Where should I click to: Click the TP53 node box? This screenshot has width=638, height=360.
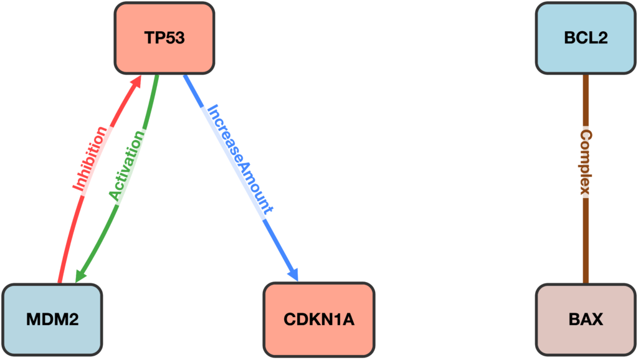pos(164,38)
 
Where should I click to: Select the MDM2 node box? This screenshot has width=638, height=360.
pos(52,320)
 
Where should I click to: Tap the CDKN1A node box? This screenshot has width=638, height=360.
pos(318,320)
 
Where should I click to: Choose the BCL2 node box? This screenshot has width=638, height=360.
pos(585,38)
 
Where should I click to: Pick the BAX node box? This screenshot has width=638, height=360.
pos(585,320)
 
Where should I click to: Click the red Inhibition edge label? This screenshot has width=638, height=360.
pos(88,159)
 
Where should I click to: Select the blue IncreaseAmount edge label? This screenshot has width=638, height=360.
pos(240,159)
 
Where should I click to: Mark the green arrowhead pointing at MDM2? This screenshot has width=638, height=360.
pos(80,276)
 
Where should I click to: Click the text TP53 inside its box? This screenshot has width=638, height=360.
pos(164,38)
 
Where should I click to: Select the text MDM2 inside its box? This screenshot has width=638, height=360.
pos(52,320)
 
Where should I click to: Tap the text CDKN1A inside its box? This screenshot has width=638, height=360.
pos(318,320)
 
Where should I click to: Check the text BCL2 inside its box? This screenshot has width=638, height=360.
pos(585,38)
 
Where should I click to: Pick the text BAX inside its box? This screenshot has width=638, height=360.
pos(585,320)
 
